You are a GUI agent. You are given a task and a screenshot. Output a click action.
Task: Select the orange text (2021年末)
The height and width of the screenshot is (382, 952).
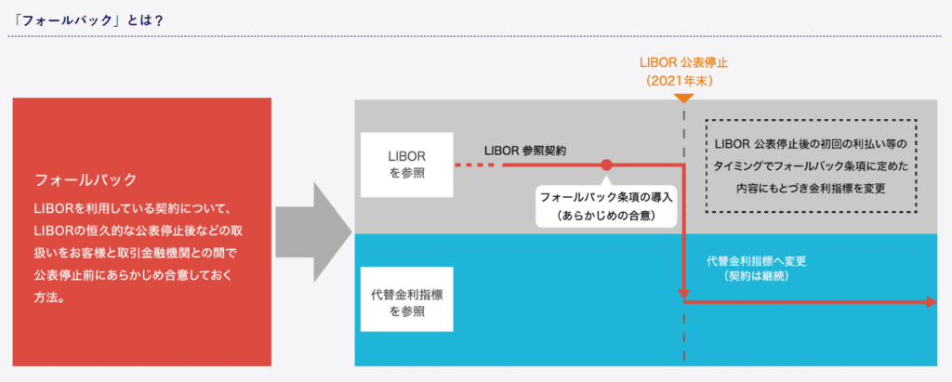point(683,81)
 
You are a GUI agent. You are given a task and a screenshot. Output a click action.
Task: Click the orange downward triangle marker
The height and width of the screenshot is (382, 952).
point(683,97)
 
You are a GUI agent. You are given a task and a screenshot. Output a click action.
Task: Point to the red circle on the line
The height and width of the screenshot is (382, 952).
point(606,165)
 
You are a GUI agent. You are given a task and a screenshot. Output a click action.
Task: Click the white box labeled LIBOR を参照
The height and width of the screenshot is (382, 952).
point(406,165)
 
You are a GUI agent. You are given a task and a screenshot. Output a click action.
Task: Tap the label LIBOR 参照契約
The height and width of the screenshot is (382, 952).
point(525,150)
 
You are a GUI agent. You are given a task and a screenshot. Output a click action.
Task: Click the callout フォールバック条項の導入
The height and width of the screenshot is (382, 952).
point(605,197)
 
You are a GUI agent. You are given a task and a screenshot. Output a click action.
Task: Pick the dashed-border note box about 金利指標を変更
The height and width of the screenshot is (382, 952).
point(811,165)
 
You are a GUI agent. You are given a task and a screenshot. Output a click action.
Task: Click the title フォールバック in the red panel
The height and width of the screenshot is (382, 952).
point(85,178)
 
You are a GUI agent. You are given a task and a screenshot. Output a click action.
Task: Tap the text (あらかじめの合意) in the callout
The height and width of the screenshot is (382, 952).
point(605,216)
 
